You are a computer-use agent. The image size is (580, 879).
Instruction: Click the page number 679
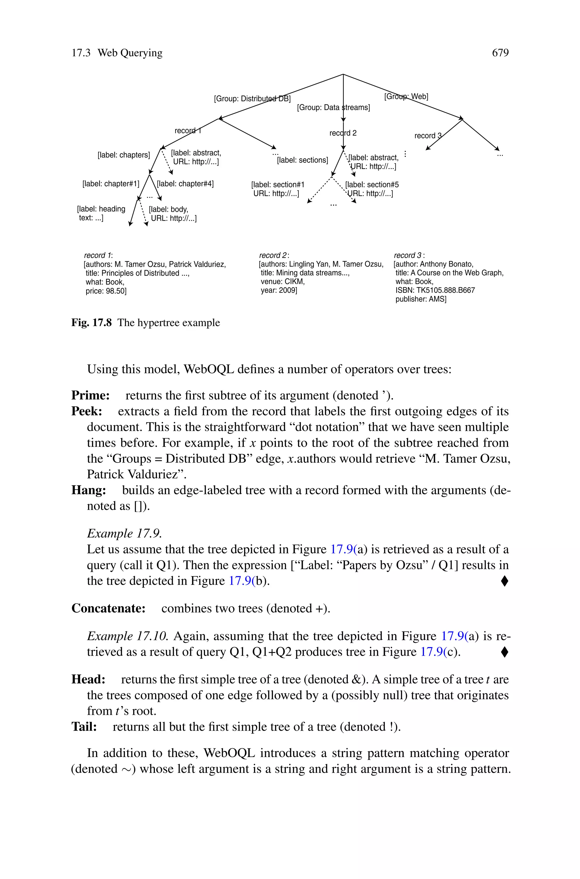pos(500,53)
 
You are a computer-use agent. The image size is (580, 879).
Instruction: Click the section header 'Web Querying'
pos(130,53)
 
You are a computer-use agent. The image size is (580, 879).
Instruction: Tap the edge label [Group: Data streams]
pos(333,108)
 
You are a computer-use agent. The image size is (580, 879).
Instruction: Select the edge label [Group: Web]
pos(406,97)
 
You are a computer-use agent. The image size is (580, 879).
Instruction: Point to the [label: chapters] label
pos(123,155)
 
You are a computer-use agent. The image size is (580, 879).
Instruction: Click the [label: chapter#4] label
pos(185,184)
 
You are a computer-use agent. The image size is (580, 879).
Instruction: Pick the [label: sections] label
pos(302,160)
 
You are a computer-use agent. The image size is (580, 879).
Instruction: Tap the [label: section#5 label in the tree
pos(372,185)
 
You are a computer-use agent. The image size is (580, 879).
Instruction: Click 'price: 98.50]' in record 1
pos(106,291)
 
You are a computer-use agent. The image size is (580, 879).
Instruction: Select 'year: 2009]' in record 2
pos(279,290)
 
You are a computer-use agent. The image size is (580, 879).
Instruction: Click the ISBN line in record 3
pos(435,290)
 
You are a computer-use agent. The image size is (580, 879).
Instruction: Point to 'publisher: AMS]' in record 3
pos(421,299)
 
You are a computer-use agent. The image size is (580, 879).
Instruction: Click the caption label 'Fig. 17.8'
pos(91,323)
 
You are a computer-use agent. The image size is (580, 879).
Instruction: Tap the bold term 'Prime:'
pos(90,395)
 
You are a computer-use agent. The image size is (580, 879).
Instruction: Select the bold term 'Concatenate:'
pos(108,608)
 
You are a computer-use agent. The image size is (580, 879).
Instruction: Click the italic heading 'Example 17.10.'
pos(128,636)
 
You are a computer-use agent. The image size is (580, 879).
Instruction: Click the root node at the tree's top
pos(343,74)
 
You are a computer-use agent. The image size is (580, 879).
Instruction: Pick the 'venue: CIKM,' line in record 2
pos(282,282)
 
